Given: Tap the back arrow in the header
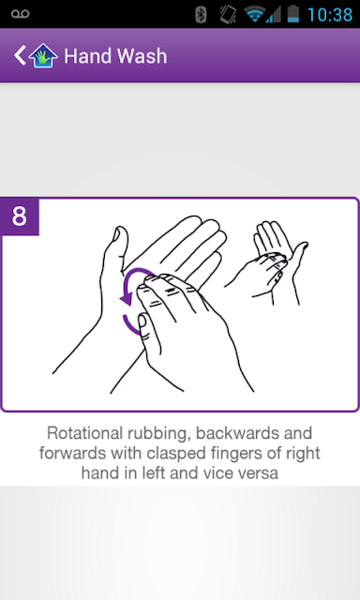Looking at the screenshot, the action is pyautogui.click(x=20, y=56).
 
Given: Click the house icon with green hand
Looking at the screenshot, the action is pyautogui.click(x=43, y=56).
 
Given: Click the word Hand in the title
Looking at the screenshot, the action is pyautogui.click(x=87, y=56).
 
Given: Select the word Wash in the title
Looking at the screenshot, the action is pyautogui.click(x=142, y=56).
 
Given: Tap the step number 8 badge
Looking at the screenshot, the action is pyautogui.click(x=20, y=217).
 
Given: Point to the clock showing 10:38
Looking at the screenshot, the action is pyautogui.click(x=330, y=15).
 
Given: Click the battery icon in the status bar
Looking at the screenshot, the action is pyautogui.click(x=293, y=14).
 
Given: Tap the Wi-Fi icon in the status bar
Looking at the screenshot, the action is pyautogui.click(x=254, y=15).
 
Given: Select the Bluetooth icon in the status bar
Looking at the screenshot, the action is pyautogui.click(x=201, y=15).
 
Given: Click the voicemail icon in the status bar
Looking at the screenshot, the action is pyautogui.click(x=21, y=14).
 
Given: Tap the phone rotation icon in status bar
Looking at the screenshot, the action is pyautogui.click(x=228, y=15).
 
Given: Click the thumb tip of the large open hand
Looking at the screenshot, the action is pyautogui.click(x=120, y=230).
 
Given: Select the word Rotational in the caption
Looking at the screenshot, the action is pyautogui.click(x=84, y=433).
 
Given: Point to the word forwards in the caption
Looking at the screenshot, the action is pyautogui.click(x=73, y=454).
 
